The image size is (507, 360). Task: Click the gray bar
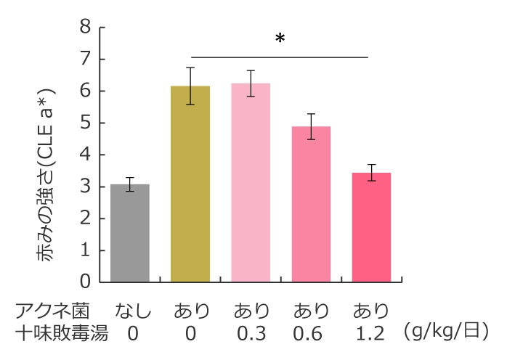coord(129,233)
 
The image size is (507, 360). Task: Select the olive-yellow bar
coord(190,184)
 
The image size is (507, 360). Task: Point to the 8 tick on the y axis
coord(86,28)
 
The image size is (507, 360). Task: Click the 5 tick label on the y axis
coord(86,123)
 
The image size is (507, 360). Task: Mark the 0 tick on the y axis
coord(86,282)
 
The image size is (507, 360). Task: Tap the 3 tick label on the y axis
coord(86,187)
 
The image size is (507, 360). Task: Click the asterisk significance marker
coord(280,40)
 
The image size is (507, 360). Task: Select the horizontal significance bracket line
coord(280,57)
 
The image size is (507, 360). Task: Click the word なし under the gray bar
coord(131,312)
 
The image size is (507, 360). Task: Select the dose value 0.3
coord(251,334)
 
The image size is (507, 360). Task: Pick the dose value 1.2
coord(370,334)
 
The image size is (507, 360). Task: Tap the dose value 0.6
coord(311,334)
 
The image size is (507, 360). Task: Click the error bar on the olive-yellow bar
coord(190,86)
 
